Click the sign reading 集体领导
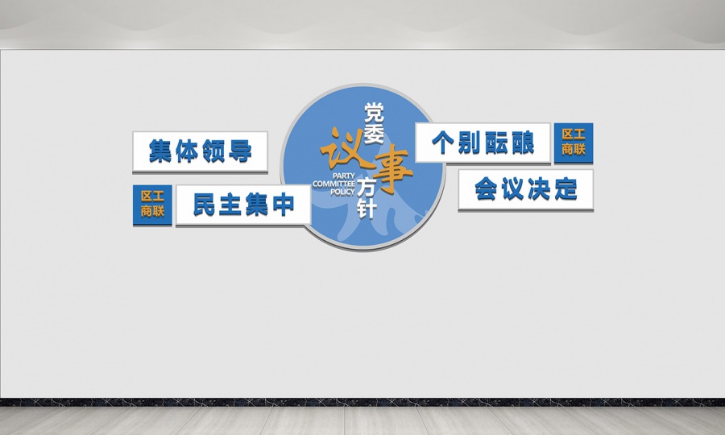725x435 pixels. click(x=200, y=151)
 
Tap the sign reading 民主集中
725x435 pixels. click(x=243, y=205)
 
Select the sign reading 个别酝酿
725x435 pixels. click(x=483, y=143)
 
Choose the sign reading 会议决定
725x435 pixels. click(x=525, y=189)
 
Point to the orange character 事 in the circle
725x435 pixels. click(x=391, y=168)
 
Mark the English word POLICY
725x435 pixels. click(x=342, y=193)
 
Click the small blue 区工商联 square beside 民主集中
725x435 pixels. click(x=152, y=205)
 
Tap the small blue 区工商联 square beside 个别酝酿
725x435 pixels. click(x=574, y=143)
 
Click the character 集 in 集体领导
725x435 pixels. click(x=161, y=151)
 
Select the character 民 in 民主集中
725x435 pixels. click(x=205, y=205)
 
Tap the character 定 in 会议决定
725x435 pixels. click(x=565, y=189)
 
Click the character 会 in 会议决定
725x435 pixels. click(x=486, y=189)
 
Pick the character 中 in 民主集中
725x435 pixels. click(x=283, y=205)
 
